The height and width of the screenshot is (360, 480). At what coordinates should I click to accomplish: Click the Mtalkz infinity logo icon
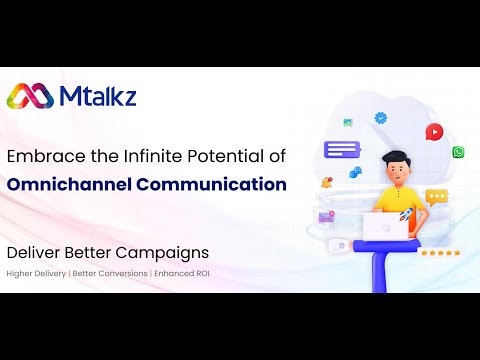(x=31, y=96)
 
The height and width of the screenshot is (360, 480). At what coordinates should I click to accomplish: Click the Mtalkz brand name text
(x=97, y=96)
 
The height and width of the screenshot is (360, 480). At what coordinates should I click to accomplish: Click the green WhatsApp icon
(x=458, y=152)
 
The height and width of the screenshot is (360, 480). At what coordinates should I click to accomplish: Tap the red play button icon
(x=433, y=131)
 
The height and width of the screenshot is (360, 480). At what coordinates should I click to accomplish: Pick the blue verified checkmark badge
(x=380, y=118)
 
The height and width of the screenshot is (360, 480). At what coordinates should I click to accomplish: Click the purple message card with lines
(x=341, y=150)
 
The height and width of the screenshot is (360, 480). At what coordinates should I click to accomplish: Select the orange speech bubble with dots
(x=436, y=197)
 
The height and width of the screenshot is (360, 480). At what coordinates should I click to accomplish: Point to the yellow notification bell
(x=326, y=182)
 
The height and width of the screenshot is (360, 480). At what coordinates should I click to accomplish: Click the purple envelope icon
(x=326, y=216)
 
